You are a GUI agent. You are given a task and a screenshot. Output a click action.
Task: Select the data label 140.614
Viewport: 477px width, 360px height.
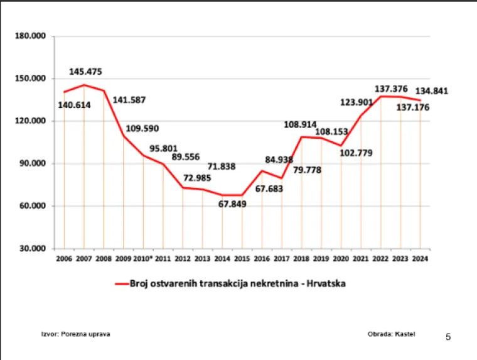74,105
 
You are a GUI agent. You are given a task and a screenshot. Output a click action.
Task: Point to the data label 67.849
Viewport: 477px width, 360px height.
233,204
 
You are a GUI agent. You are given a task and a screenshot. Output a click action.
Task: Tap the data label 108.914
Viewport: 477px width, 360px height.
300,124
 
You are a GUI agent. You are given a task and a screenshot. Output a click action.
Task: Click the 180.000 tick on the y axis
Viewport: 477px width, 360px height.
31,36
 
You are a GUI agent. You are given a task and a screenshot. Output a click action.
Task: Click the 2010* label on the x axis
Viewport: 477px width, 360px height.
142,258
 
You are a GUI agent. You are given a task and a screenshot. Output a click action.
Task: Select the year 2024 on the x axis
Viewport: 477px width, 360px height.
420,258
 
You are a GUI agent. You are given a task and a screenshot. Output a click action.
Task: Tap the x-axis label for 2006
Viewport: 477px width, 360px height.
64,258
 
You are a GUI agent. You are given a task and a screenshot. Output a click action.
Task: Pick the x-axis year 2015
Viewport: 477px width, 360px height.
242,258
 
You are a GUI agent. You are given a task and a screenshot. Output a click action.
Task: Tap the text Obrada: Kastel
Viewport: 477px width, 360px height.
392,334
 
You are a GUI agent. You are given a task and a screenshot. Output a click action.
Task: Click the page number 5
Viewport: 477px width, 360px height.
448,337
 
